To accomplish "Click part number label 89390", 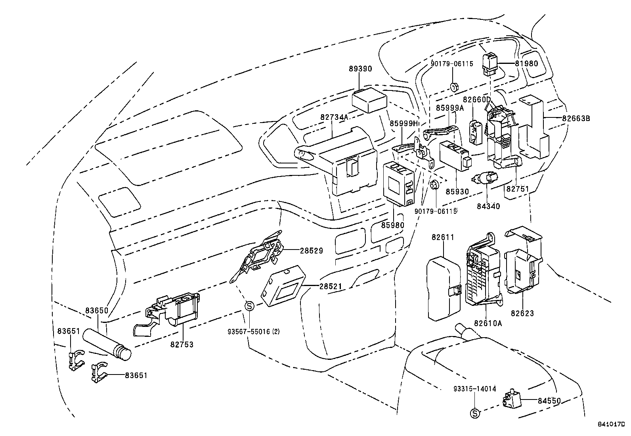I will coord(360,69).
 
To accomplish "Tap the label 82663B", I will coord(576,118).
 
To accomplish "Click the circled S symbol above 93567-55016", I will coord(249,306).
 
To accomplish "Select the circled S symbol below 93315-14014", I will coord(474,413).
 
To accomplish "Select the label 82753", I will coord(182,344).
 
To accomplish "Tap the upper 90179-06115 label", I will coord(452,64).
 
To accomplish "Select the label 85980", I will coord(393,225).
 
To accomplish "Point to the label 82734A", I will coord(334,117).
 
